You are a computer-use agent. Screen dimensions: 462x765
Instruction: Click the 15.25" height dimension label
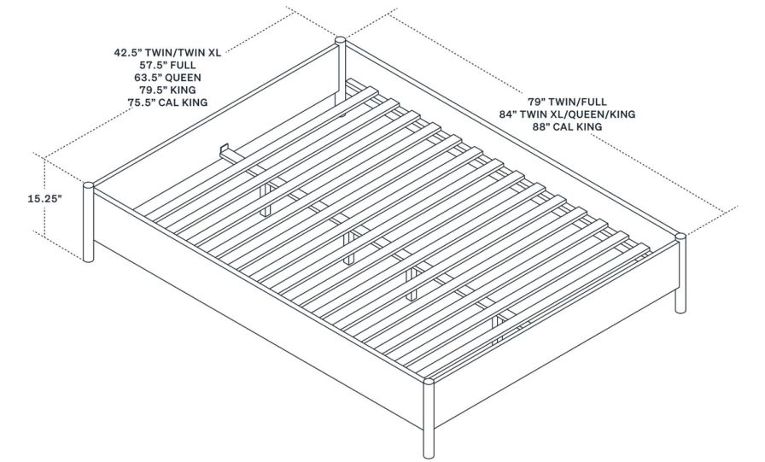(21, 197)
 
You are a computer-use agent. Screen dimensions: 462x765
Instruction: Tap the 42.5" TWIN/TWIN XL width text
(167, 52)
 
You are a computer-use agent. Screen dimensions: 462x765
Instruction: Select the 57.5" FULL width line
(167, 64)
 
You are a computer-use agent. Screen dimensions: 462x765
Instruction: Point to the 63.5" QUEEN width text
(167, 77)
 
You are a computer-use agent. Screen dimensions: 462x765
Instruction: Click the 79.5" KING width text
(167, 90)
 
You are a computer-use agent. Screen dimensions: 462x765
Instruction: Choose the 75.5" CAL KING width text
(167, 102)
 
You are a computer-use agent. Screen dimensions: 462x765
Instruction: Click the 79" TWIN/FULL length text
(568, 100)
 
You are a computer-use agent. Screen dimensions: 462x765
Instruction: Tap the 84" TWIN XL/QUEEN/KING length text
(568, 113)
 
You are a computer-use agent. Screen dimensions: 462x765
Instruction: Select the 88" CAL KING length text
(568, 126)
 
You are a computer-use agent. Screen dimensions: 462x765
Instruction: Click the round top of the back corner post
(340, 39)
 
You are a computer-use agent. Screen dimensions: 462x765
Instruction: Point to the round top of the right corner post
(680, 237)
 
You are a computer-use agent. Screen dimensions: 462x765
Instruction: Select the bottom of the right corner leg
(680, 309)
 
